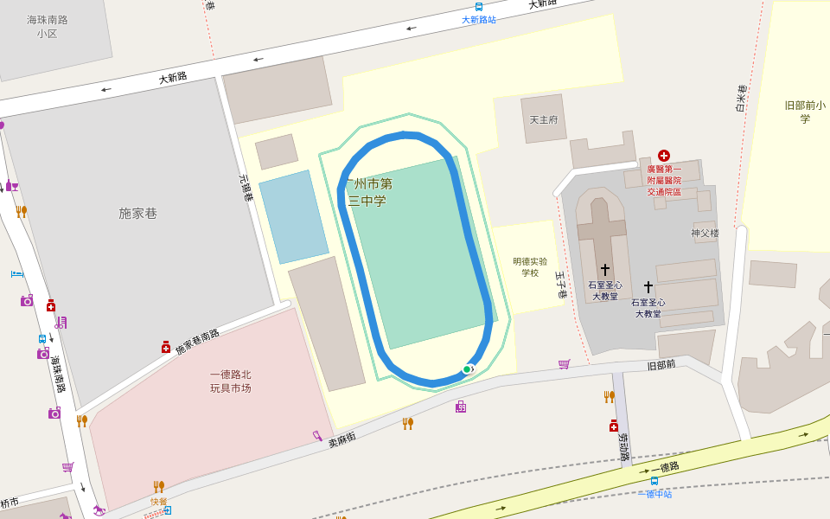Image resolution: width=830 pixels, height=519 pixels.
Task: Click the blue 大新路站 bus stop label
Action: (x=479, y=19)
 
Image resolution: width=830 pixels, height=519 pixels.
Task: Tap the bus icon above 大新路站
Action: (x=479, y=7)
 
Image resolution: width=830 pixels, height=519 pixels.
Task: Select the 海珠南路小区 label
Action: (x=47, y=26)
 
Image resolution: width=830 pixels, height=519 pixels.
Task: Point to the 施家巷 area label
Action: (x=138, y=213)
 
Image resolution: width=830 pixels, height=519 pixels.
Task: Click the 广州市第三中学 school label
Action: (x=368, y=192)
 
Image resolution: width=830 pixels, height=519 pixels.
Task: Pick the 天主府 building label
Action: (x=544, y=119)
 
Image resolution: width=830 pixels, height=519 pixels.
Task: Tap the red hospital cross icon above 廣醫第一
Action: (x=664, y=155)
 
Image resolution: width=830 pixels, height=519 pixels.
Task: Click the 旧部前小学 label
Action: (x=805, y=112)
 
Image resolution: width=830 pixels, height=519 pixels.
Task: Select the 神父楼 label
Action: (x=705, y=233)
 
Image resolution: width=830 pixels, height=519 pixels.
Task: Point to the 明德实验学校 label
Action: (x=530, y=266)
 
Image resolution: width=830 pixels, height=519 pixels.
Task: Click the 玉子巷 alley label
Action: (x=560, y=285)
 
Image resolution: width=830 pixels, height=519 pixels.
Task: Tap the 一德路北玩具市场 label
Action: (x=230, y=381)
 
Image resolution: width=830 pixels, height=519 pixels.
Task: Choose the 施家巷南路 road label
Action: (x=198, y=342)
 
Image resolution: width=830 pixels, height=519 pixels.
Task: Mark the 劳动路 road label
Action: (x=622, y=449)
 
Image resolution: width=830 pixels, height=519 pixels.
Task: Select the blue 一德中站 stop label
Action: (x=659, y=494)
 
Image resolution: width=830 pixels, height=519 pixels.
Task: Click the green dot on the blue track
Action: (x=467, y=369)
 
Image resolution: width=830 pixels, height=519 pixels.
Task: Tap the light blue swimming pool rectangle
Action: (x=294, y=216)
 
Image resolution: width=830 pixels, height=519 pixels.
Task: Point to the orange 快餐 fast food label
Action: (x=159, y=501)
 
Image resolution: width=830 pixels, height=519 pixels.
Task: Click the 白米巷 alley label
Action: (x=742, y=99)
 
